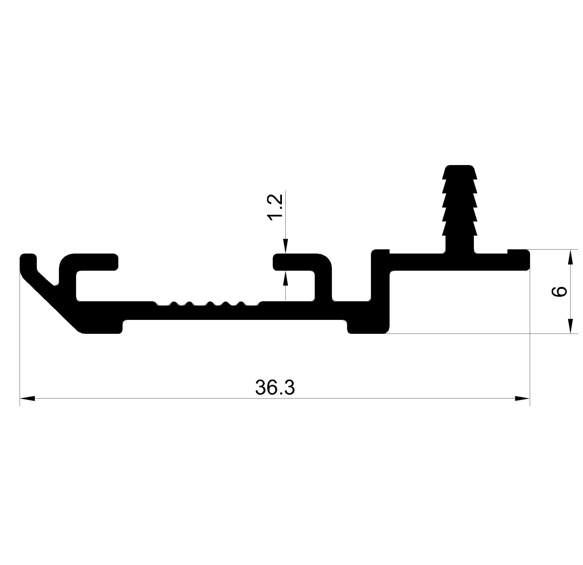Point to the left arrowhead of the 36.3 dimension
[27, 398]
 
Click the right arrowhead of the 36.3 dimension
[522, 398]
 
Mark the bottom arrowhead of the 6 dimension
[570, 326]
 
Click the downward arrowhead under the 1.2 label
[286, 246]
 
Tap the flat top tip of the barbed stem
[459, 167]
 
